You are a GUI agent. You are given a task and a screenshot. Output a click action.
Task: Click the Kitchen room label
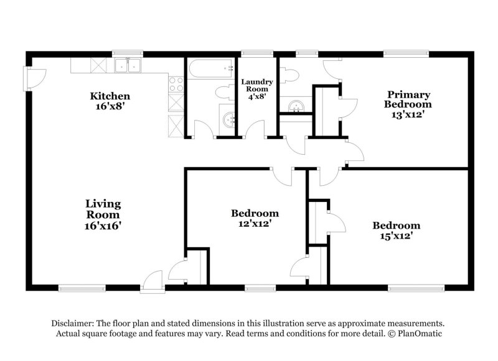(110, 96)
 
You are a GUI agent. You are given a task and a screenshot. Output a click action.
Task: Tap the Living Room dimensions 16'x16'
(103, 226)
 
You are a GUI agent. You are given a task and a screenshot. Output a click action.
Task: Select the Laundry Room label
(256, 85)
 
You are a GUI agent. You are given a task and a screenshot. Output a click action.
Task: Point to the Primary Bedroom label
(408, 99)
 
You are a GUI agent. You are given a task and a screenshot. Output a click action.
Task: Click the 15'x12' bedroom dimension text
(397, 235)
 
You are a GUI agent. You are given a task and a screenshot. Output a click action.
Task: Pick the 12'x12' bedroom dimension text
(255, 223)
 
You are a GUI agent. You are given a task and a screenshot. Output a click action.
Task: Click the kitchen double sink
(128, 65)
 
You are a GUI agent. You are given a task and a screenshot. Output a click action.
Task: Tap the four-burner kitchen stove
(176, 84)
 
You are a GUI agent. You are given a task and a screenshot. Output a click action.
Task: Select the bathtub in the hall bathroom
(211, 69)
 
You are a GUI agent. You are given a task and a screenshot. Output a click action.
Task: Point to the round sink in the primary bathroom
(296, 106)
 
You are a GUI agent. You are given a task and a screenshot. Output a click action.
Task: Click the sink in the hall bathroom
(228, 120)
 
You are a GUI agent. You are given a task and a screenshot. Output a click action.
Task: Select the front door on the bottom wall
(152, 281)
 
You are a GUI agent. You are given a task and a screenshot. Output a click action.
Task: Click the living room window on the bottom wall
(82, 288)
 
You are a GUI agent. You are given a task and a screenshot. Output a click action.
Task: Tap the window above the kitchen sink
(128, 54)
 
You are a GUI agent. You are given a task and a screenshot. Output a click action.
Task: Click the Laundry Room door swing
(255, 129)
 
